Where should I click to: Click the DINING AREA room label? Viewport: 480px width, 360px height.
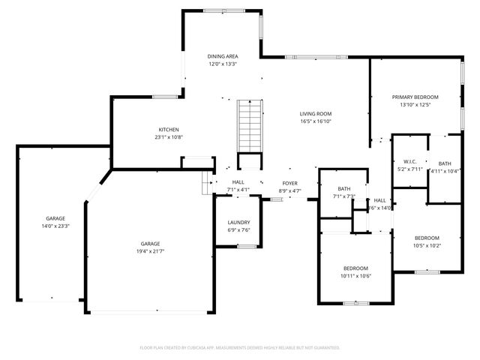pos(223,56)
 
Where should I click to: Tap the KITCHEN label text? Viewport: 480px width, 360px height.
pos(168,130)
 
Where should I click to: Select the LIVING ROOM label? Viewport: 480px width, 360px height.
pos(316,113)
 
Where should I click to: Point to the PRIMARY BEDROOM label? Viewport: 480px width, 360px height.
pos(415,97)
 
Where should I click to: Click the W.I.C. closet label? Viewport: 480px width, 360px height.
pos(409,161)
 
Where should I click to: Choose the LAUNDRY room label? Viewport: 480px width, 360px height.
pos(238,223)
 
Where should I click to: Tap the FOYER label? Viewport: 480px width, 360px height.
pos(290,184)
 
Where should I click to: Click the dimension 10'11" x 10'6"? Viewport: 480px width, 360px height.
pos(355,276)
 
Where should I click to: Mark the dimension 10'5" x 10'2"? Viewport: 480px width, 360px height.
pos(427,245)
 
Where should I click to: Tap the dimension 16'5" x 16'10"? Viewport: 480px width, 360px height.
pos(316,121)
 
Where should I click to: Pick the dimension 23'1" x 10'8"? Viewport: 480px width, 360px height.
pos(168,137)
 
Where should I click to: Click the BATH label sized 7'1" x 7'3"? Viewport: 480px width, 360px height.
pos(343,189)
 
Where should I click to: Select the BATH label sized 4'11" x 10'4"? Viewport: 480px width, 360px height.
pos(445,163)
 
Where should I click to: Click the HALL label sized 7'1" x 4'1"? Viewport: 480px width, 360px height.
pos(238,182)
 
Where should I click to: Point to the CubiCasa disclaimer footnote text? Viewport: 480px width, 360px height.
pos(240,348)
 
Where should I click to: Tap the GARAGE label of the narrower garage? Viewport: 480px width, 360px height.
pos(55,218)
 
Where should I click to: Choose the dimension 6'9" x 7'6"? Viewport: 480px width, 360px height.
pos(238,230)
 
